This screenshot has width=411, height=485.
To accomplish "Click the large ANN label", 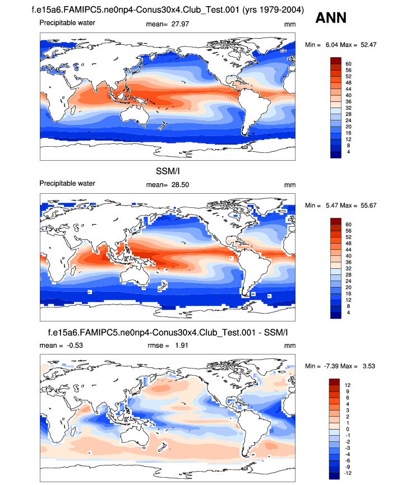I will pyautogui.click(x=331, y=18).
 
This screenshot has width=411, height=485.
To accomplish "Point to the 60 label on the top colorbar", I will pyautogui.click(x=348, y=63).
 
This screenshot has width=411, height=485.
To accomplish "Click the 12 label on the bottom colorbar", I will pyautogui.click(x=348, y=385).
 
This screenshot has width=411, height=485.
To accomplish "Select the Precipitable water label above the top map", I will pyautogui.click(x=67, y=23).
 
